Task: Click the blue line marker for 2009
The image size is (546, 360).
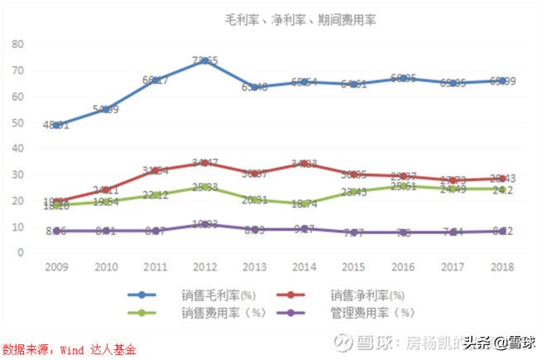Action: coord(56,125)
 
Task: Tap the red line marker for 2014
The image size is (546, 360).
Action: coord(305,164)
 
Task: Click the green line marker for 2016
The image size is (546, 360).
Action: coord(405,186)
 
